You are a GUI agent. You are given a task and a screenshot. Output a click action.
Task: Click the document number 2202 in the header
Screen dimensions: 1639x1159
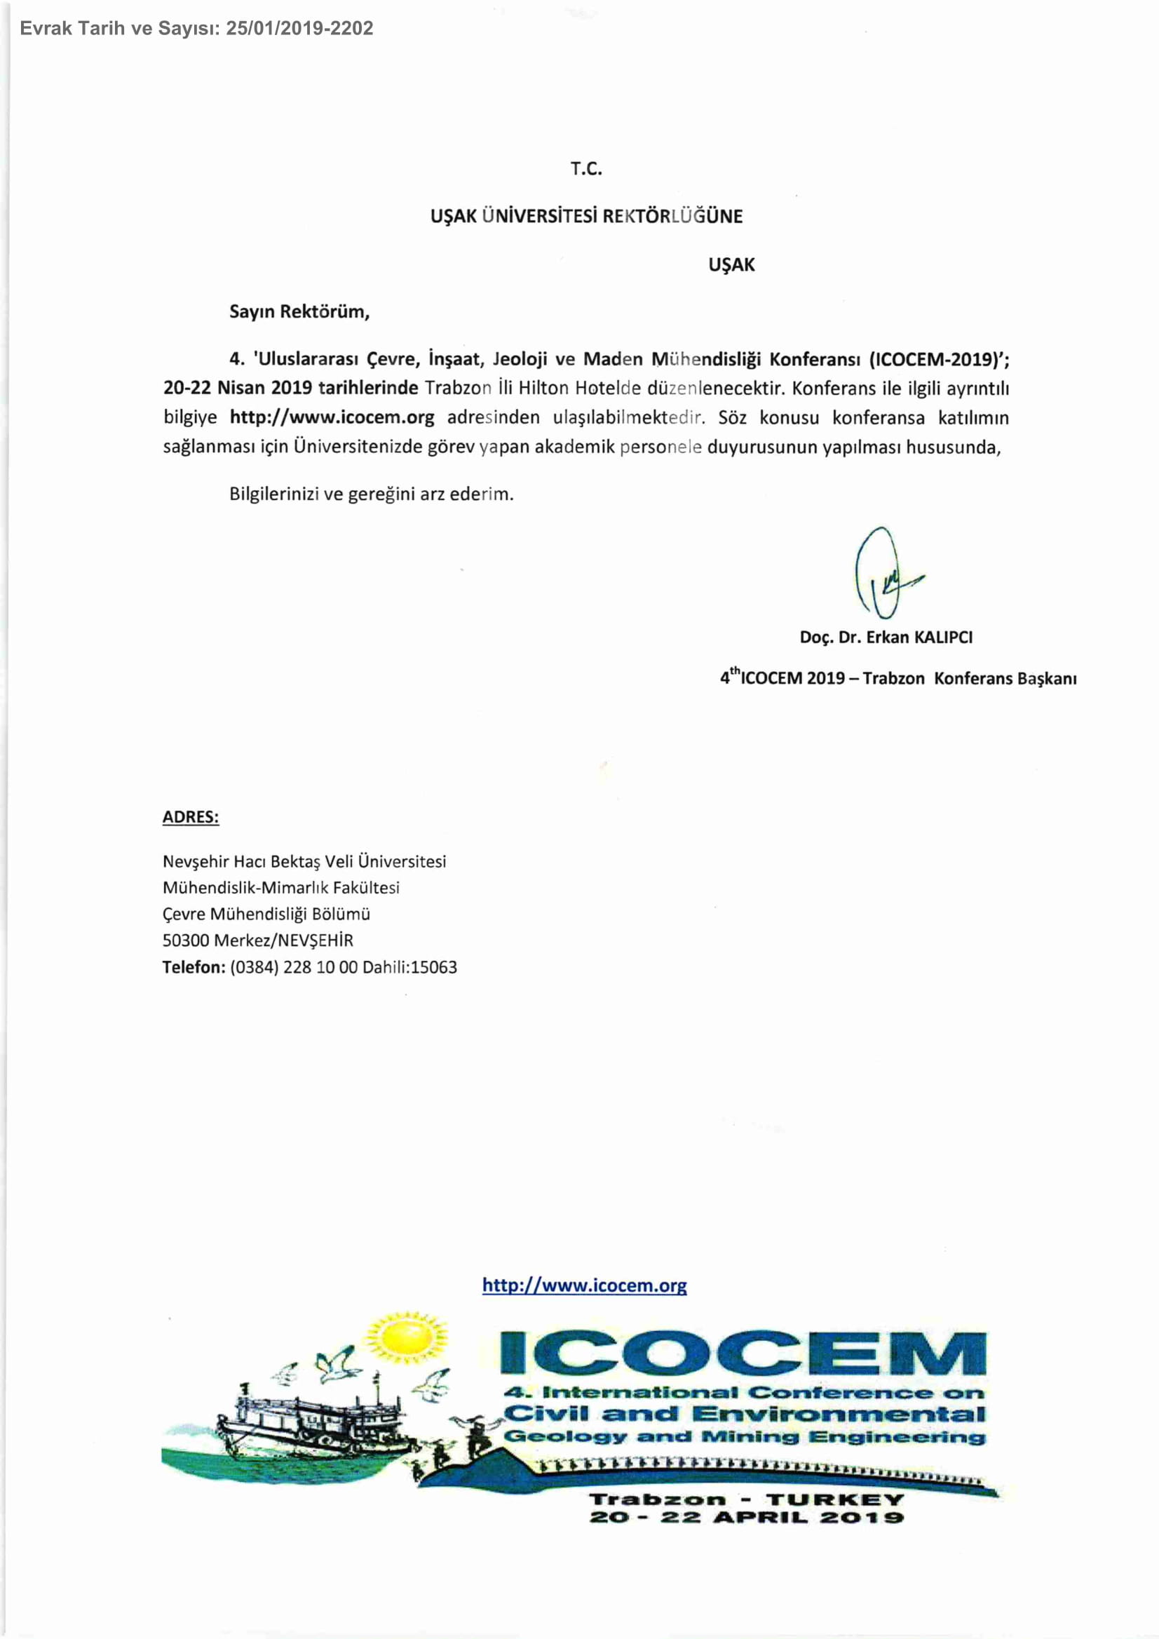click(353, 29)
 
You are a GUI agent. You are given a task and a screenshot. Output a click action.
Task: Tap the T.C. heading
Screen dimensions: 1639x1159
click(586, 169)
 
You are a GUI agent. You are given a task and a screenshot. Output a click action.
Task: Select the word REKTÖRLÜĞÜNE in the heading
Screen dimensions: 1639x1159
click(672, 216)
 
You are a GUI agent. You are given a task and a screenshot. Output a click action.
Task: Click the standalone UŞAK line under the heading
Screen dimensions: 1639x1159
click(731, 265)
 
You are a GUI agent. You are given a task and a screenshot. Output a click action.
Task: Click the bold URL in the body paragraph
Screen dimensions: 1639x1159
click(332, 417)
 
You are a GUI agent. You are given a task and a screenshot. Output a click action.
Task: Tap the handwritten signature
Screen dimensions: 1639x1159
click(885, 574)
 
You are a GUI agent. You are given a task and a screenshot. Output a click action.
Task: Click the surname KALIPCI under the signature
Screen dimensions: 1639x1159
click(944, 638)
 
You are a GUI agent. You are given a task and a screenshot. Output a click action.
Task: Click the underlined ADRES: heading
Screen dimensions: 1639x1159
click(191, 817)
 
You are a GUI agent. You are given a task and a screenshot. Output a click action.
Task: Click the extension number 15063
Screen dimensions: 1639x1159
click(434, 968)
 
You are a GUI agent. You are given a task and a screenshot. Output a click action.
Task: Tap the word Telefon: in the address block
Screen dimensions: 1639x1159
click(194, 968)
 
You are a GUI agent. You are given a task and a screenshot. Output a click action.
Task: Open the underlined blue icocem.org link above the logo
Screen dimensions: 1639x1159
click(585, 1286)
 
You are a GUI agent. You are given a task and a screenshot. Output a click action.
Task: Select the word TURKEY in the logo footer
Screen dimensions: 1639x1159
click(834, 1500)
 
